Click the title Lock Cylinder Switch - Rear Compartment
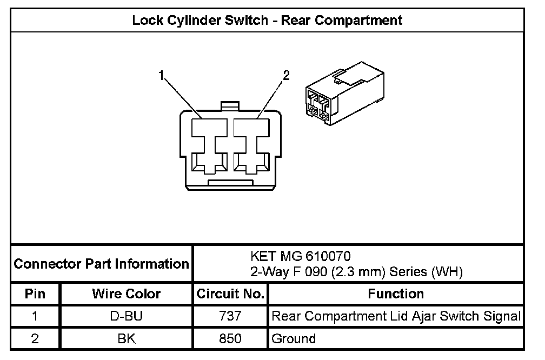(267, 21)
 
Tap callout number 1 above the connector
(161, 75)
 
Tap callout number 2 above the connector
(287, 75)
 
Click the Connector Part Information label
(101, 264)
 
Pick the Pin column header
(35, 294)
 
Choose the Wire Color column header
(126, 294)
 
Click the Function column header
(396, 294)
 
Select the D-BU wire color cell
(126, 316)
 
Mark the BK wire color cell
(126, 339)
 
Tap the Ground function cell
(294, 339)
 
